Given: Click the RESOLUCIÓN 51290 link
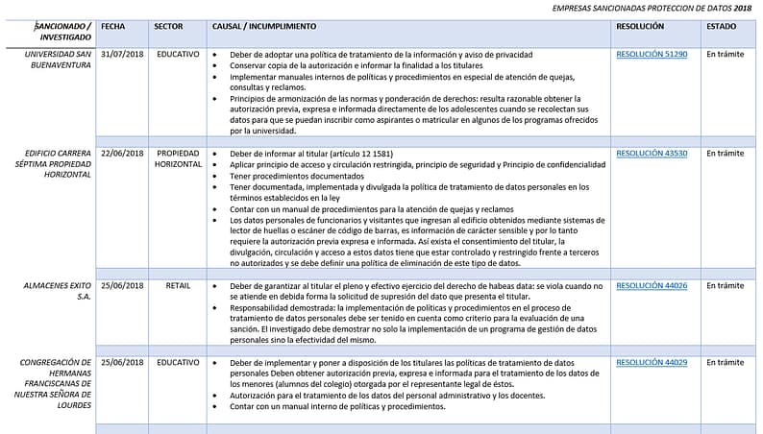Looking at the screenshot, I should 652,55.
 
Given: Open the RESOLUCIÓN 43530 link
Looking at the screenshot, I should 652,153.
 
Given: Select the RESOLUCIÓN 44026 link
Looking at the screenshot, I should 652,285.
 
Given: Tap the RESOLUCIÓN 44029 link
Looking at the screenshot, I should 652,362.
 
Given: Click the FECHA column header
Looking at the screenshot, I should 112,27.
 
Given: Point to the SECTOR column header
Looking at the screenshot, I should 169,27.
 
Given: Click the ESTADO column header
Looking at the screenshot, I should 722,27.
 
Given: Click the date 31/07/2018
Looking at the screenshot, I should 122,55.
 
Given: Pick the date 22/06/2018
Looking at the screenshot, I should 122,153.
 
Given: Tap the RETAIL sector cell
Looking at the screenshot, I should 178,285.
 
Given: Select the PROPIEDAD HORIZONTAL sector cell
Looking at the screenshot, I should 178,158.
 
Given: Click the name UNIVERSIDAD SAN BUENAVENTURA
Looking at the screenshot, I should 59,60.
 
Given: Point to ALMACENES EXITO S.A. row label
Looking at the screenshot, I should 59,291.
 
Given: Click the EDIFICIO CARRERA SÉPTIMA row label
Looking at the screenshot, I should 59,164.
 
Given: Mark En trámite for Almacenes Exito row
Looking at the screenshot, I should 725,285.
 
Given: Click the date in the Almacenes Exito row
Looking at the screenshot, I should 122,285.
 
